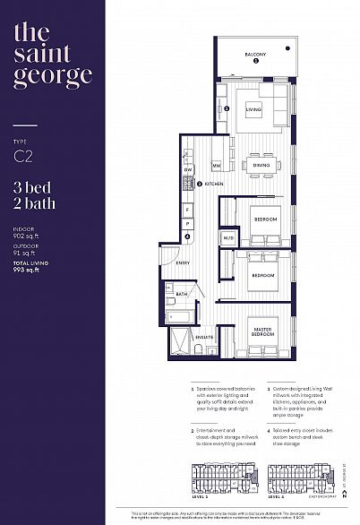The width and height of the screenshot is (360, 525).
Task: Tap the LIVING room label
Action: point(254,111)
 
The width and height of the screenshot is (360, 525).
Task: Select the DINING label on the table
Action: point(261,166)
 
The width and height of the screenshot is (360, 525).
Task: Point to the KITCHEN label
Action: point(213,184)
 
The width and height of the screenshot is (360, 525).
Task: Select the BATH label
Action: point(181,294)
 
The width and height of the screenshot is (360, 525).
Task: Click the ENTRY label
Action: point(182,262)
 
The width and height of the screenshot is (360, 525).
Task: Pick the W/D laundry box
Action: point(228,238)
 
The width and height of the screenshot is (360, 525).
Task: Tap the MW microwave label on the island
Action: point(217,166)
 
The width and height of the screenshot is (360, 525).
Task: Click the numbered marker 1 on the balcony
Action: point(255,62)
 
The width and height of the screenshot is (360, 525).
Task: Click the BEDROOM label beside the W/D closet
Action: point(265,219)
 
